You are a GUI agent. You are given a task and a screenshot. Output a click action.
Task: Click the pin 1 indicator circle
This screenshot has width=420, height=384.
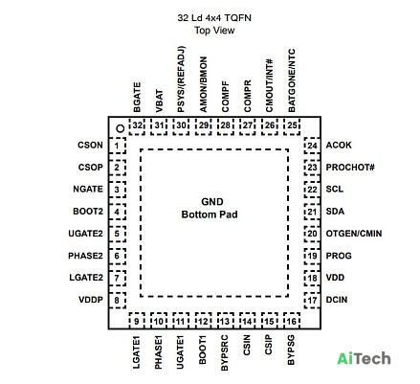pos(121,128)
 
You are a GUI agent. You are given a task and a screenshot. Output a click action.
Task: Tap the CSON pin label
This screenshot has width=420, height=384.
pos(90,146)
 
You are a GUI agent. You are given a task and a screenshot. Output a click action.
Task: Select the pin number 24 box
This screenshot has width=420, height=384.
pos(312,146)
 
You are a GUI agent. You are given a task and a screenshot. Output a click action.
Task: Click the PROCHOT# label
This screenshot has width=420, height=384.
pos(350,168)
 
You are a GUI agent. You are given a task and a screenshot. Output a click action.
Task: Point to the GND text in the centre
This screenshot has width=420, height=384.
pos(212,202)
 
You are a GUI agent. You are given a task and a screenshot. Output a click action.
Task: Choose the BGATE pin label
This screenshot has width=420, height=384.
pos(137,97)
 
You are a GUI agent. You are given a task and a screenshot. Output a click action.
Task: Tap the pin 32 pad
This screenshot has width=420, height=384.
pos(137,125)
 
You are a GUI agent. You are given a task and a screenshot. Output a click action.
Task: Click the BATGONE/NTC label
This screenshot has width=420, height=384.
pos(292,80)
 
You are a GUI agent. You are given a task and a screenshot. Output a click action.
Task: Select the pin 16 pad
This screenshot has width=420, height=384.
pos(292,321)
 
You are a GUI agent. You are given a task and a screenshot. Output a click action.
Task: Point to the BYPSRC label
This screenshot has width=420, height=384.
pos(224,352)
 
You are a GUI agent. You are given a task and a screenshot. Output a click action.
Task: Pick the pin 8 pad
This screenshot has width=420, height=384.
pos(117,301)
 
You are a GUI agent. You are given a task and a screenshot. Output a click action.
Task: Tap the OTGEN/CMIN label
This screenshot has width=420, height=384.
pos(354,234)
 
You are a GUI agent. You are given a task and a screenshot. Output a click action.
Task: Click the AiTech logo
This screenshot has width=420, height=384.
pos(364,359)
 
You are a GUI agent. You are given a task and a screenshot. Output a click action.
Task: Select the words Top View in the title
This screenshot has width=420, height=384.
pos(214,31)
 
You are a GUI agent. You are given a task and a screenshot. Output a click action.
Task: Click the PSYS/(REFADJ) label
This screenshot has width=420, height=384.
pos(181,79)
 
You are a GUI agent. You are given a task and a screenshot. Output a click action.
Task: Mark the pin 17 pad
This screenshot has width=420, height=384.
pos(312,301)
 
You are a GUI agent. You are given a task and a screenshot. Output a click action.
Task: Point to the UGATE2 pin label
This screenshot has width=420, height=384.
pos(85,234)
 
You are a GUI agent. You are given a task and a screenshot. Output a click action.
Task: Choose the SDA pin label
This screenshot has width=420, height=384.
pos(335,212)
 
